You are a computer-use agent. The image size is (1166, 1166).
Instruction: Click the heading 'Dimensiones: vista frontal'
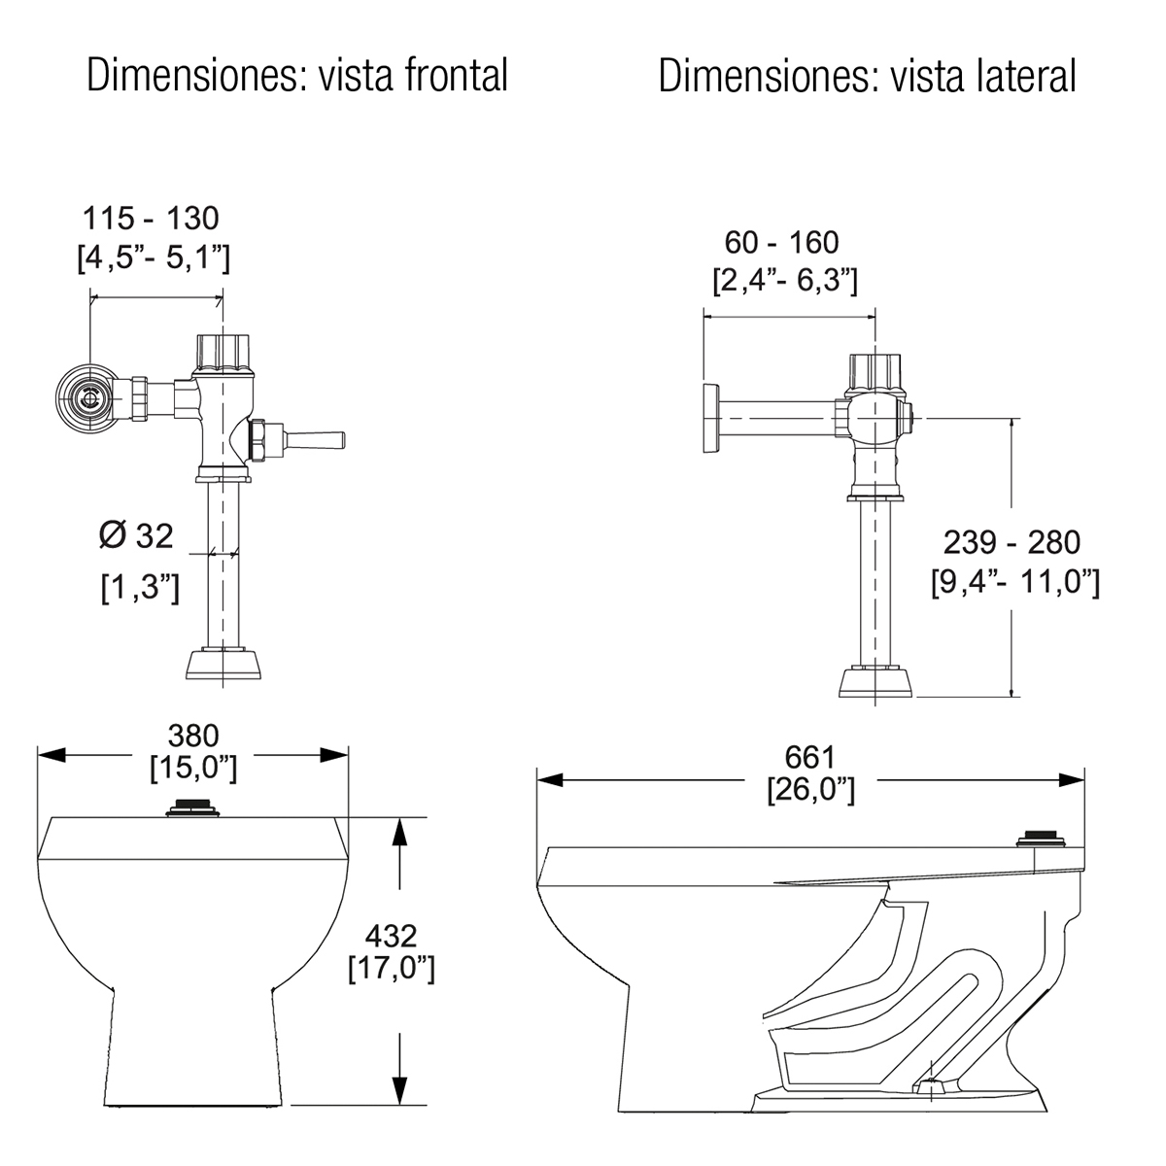click(297, 76)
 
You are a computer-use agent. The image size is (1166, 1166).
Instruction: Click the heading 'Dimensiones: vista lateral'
click(867, 76)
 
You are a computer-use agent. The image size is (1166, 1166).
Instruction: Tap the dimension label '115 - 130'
click(151, 219)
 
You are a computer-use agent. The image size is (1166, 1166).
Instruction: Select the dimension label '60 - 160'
click(782, 243)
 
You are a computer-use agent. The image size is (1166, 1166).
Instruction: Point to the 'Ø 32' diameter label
click(136, 535)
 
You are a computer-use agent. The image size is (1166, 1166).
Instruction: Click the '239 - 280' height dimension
click(1012, 542)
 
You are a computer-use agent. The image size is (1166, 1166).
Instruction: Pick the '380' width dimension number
click(193, 737)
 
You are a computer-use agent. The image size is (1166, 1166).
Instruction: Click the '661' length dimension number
click(810, 757)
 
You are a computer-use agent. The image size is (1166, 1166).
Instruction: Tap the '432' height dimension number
click(391, 936)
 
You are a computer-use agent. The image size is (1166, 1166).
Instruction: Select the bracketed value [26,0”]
click(810, 790)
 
